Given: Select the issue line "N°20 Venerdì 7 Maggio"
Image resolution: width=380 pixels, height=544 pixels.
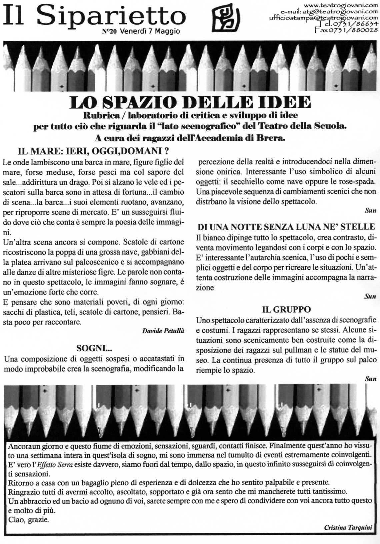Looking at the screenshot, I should pyautogui.click(x=141, y=32).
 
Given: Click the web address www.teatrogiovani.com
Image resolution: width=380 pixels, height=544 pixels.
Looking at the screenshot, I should pyautogui.click(x=341, y=5).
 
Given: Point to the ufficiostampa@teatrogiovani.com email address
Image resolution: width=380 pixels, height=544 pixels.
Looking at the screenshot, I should pyautogui.click(x=323, y=18).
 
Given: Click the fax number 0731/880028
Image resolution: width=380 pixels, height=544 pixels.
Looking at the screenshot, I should pyautogui.click(x=346, y=30).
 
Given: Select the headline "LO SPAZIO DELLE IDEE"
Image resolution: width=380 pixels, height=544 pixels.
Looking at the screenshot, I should pyautogui.click(x=190, y=103).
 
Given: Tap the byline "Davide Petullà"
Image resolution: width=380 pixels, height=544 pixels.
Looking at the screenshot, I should pyautogui.click(x=163, y=331).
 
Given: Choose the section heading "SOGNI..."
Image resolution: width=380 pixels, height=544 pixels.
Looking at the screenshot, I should pyautogui.click(x=94, y=349).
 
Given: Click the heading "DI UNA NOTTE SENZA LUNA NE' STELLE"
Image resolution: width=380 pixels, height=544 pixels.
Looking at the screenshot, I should pyautogui.click(x=286, y=227).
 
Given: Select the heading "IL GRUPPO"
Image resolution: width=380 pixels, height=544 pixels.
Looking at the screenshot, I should pyautogui.click(x=286, y=309).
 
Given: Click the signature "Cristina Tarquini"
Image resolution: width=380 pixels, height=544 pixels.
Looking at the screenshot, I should pyautogui.click(x=348, y=528).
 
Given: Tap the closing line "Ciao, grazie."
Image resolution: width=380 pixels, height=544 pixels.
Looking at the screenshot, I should pyautogui.click(x=29, y=520).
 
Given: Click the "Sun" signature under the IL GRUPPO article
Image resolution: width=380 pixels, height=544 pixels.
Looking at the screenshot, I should pyautogui.click(x=370, y=379).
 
